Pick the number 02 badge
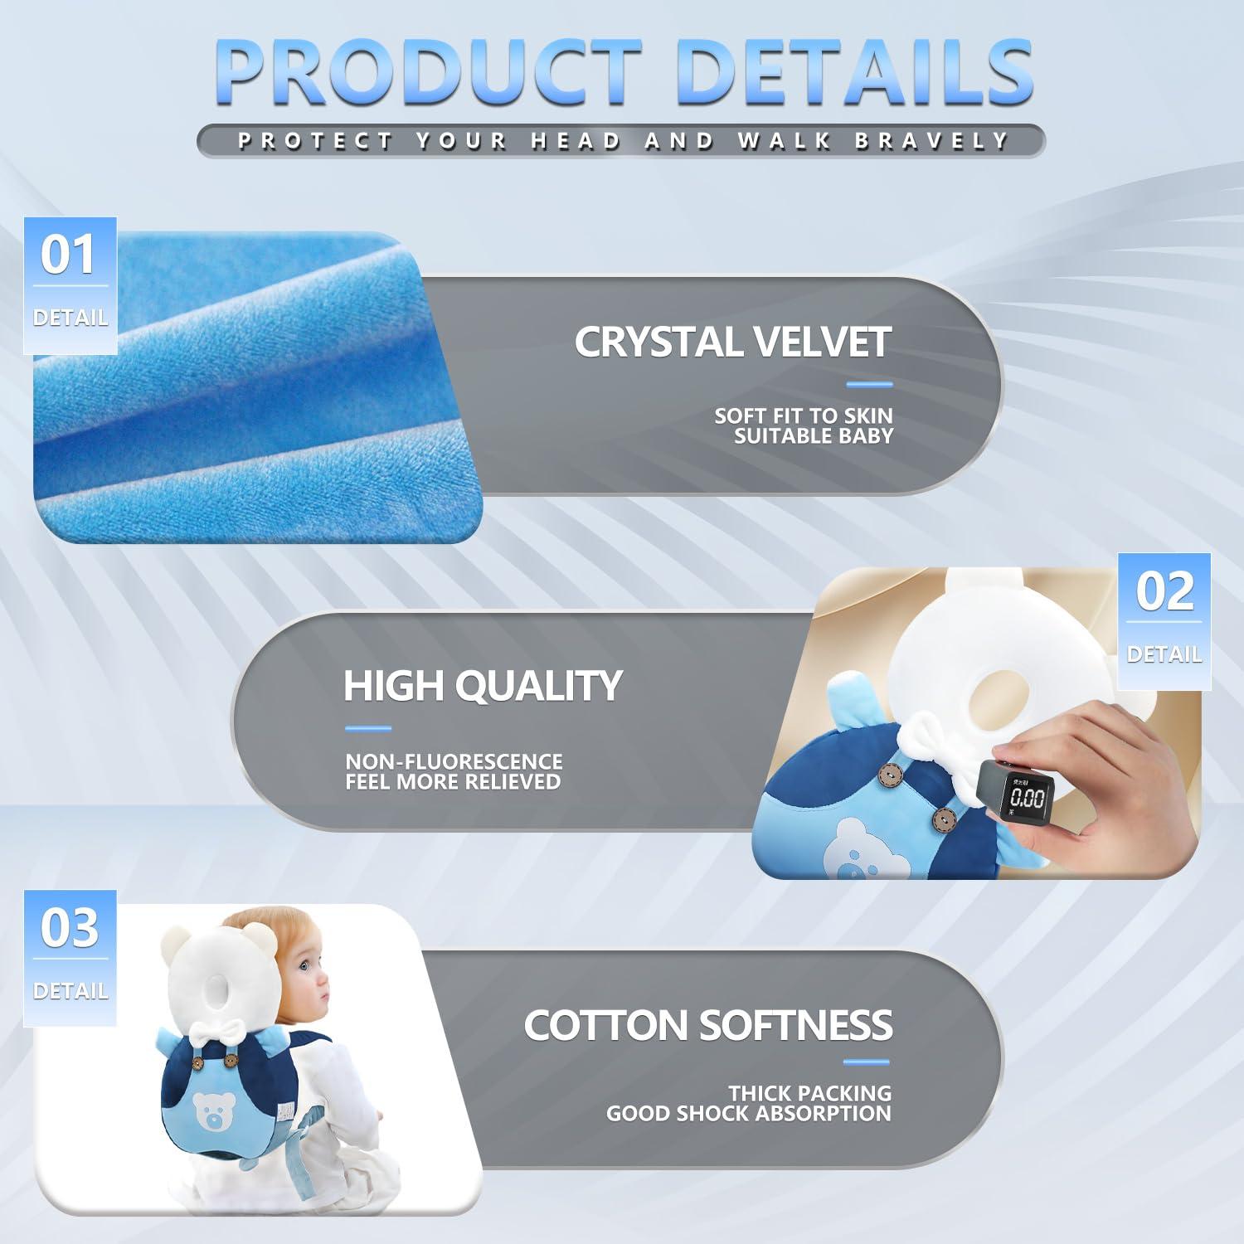pyautogui.click(x=1164, y=591)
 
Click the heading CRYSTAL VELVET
pyautogui.click(x=732, y=342)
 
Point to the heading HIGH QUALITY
pyautogui.click(x=483, y=686)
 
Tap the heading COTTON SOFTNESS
pyautogui.click(x=707, y=1025)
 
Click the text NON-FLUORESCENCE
pyautogui.click(x=454, y=761)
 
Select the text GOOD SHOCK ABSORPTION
pyautogui.click(x=748, y=1114)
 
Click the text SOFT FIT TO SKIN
pyautogui.click(x=803, y=415)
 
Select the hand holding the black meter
pyautogui.click(x=1111, y=796)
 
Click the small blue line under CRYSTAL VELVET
pyautogui.click(x=868, y=384)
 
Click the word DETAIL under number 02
pyautogui.click(x=1164, y=654)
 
